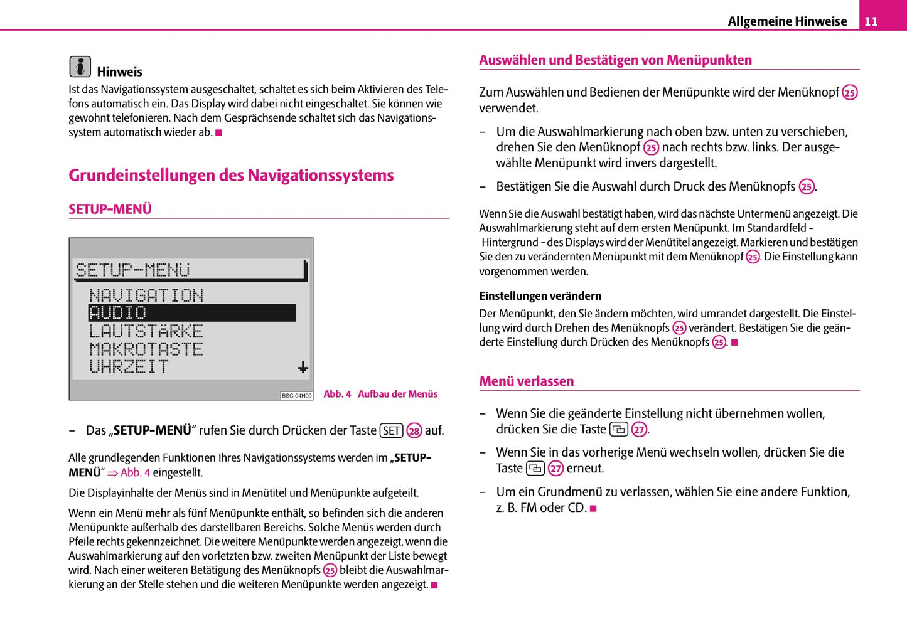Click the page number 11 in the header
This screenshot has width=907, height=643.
click(x=871, y=21)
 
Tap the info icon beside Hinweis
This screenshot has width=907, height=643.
click(x=80, y=66)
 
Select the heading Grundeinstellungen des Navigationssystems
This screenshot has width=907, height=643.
click(x=231, y=175)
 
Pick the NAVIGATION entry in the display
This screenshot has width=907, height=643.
click(x=146, y=295)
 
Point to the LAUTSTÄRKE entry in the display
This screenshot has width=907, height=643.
click(x=146, y=331)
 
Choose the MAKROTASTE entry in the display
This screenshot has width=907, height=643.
click(x=146, y=349)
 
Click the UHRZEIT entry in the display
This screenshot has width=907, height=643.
click(x=129, y=366)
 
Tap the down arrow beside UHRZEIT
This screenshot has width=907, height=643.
click(x=303, y=367)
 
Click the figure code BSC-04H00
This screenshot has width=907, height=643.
click(x=296, y=396)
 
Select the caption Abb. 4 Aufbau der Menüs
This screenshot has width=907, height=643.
click(x=380, y=394)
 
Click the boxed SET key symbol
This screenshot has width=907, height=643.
click(x=391, y=430)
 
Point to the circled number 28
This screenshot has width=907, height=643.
click(x=414, y=431)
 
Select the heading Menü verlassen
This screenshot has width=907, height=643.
click(x=526, y=381)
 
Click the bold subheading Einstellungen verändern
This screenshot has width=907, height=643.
click(x=540, y=296)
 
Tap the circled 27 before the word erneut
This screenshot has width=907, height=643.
click(x=555, y=469)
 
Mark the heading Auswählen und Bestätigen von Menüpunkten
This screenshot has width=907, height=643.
click(x=615, y=60)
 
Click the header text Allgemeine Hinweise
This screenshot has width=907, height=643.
click(x=787, y=21)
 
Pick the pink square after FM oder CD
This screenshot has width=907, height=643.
click(x=593, y=508)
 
